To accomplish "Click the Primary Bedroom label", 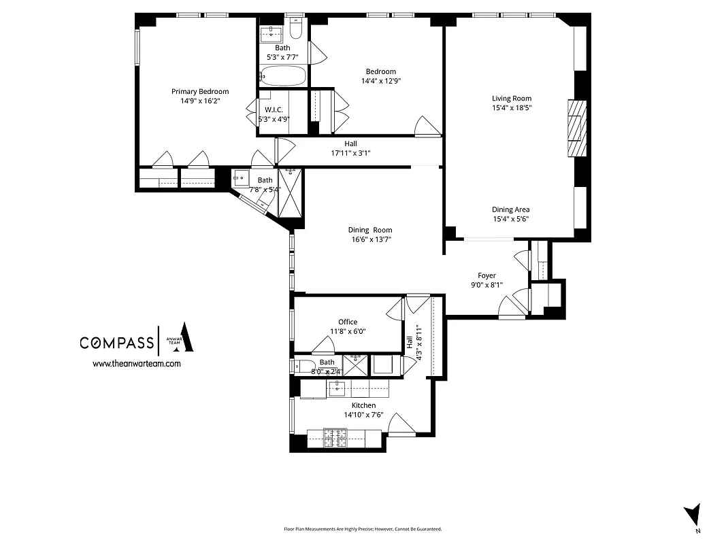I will (199, 91).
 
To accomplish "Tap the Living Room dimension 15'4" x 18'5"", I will (512, 107).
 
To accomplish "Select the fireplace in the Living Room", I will (576, 129).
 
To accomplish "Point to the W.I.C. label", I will (274, 109).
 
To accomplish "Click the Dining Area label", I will (511, 209).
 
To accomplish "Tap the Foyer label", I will (486, 275).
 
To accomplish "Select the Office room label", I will (348, 322).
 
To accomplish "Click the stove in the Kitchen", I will (335, 438).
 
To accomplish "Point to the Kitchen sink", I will (337, 388).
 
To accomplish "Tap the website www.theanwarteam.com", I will (136, 364).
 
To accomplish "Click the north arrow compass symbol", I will (693, 514).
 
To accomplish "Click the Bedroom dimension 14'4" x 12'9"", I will (380, 81).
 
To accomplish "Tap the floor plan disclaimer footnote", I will (363, 529).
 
